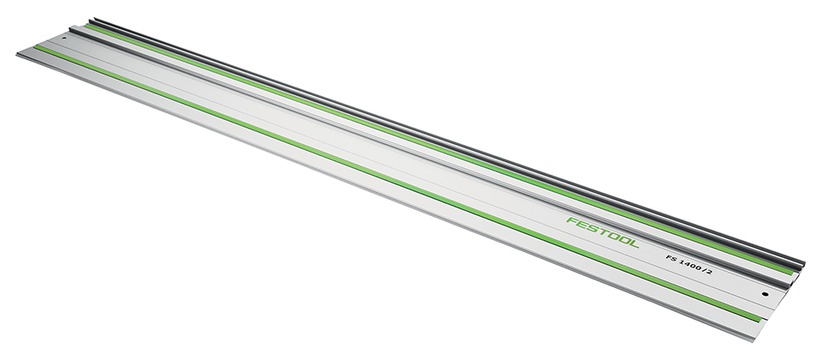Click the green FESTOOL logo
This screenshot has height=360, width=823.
point(603,232)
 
